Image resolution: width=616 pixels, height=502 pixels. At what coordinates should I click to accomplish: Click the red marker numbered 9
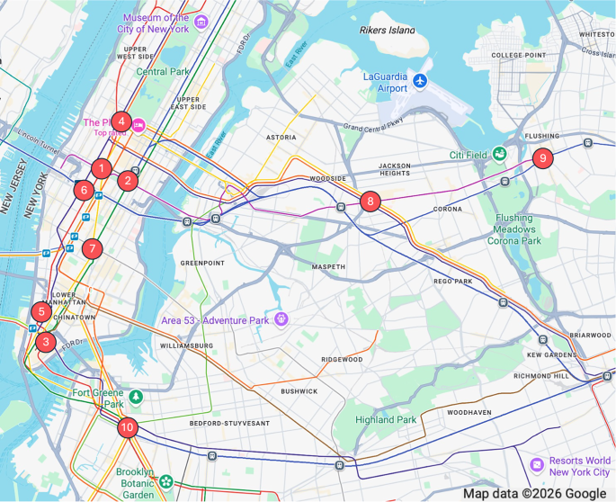541,158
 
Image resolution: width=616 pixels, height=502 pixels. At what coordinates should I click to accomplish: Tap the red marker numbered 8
370,202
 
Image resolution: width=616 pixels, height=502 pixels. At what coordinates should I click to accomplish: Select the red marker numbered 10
128,428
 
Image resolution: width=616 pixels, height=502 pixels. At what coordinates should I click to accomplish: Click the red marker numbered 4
121,121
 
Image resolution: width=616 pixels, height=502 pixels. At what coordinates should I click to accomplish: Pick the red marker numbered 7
92,249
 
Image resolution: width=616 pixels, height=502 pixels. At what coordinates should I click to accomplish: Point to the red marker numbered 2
128,181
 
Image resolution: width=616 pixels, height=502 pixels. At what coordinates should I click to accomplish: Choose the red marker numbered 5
40,312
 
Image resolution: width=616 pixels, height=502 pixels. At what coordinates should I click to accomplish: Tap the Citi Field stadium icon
498,155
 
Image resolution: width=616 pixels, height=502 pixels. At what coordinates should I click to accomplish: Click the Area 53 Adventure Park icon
281,319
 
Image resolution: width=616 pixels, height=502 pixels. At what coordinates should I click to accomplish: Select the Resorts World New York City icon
537,464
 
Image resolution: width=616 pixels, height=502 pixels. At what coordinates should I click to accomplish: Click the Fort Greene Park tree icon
135,396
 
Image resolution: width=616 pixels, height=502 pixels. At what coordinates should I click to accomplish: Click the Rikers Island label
388,31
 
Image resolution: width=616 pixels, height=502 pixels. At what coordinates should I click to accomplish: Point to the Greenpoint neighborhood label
201,263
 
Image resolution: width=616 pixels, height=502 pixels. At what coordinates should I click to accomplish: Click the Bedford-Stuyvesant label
229,423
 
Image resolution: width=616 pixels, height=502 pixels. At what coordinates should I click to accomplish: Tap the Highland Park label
386,419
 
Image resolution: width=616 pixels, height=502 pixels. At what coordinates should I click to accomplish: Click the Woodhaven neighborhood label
469,412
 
